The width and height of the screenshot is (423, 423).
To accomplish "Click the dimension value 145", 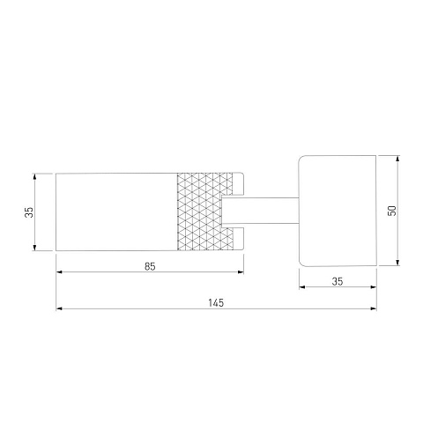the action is click(216, 302).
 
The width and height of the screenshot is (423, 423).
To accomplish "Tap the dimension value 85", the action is click(150, 266).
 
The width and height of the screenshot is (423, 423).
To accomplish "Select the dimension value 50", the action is click(392, 211).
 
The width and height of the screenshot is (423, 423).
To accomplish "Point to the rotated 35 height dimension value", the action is click(29, 212).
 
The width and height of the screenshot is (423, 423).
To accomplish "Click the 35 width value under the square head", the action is click(338, 281).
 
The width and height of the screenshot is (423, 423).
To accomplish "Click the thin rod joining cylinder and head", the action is click(260, 211).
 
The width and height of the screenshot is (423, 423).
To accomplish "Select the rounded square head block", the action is click(338, 211).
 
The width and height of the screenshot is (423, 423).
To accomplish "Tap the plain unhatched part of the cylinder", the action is click(116, 211).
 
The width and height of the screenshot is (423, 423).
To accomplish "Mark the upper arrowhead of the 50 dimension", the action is click(397, 159).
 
